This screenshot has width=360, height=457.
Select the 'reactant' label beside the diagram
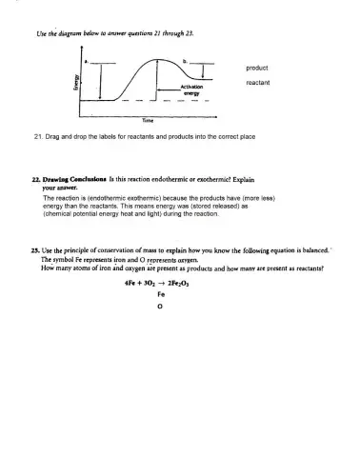point(258,83)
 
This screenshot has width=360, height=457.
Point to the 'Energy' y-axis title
point(78,83)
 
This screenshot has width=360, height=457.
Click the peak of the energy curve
point(158,61)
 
